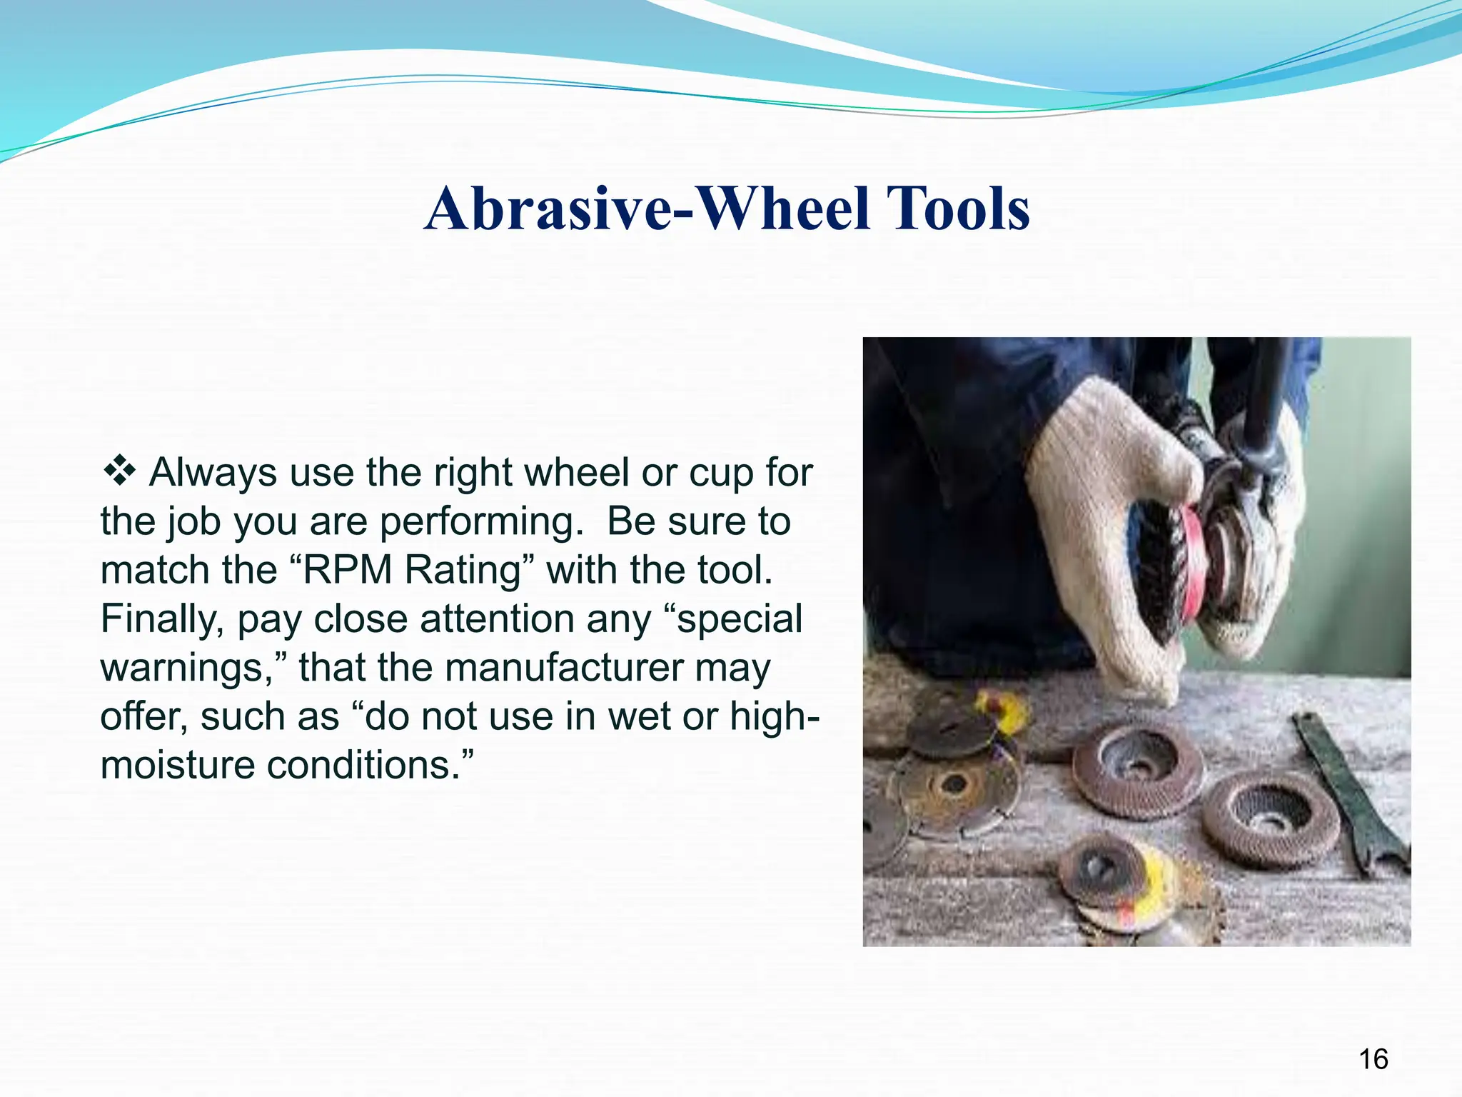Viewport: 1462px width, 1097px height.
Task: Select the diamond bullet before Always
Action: point(120,472)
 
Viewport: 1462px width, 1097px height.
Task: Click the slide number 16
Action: point(1373,1059)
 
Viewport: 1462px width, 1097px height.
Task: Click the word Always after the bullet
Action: point(213,473)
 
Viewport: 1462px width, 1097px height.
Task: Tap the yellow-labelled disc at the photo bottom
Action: point(1121,886)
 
